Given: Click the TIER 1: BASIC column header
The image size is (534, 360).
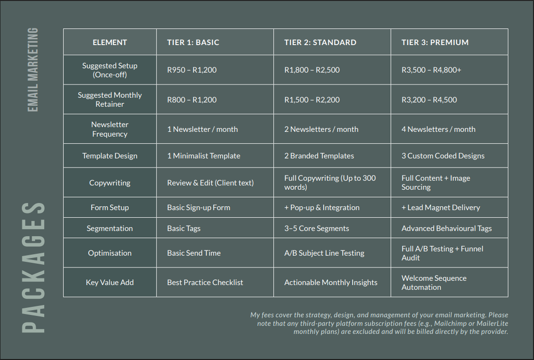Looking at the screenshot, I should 193,42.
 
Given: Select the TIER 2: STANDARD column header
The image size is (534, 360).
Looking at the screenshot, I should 320,42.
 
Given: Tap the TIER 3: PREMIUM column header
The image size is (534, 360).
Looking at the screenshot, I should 435,42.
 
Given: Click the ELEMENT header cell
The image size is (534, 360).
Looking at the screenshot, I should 110,42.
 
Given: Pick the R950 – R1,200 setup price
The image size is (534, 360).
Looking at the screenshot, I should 192,70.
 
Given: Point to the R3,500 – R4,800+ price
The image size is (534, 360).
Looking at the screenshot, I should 431,70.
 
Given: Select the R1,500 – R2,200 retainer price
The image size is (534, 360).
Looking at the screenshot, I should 312,100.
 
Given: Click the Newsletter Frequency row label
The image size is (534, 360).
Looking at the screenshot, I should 110,129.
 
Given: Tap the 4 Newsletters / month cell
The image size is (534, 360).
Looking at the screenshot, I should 438,129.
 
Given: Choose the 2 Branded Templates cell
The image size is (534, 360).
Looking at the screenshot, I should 319,156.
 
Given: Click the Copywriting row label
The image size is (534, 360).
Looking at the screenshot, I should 110,183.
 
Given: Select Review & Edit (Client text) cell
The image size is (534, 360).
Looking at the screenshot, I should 210,183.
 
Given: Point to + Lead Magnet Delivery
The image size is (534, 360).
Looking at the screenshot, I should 440,207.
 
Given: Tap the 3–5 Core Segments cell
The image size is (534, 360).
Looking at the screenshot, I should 317,228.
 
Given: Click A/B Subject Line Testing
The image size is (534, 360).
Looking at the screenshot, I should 324,253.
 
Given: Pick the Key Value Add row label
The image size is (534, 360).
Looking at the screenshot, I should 110,282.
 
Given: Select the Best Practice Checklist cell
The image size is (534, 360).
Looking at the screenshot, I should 205,282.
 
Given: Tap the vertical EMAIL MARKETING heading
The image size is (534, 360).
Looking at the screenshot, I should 33,70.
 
